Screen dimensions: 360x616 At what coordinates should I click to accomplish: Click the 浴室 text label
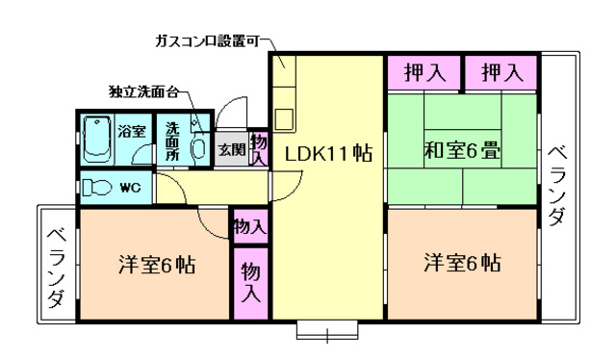(x=132, y=130)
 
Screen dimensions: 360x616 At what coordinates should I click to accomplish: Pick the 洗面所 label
(x=172, y=141)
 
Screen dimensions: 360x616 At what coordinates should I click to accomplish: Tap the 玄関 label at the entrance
(x=231, y=149)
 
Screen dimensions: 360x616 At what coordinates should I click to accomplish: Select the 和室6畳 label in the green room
(x=460, y=151)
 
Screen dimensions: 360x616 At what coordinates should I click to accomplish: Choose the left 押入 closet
(x=423, y=71)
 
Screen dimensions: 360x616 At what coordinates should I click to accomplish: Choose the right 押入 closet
(x=501, y=71)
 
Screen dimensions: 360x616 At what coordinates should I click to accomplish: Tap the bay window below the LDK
(x=326, y=331)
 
